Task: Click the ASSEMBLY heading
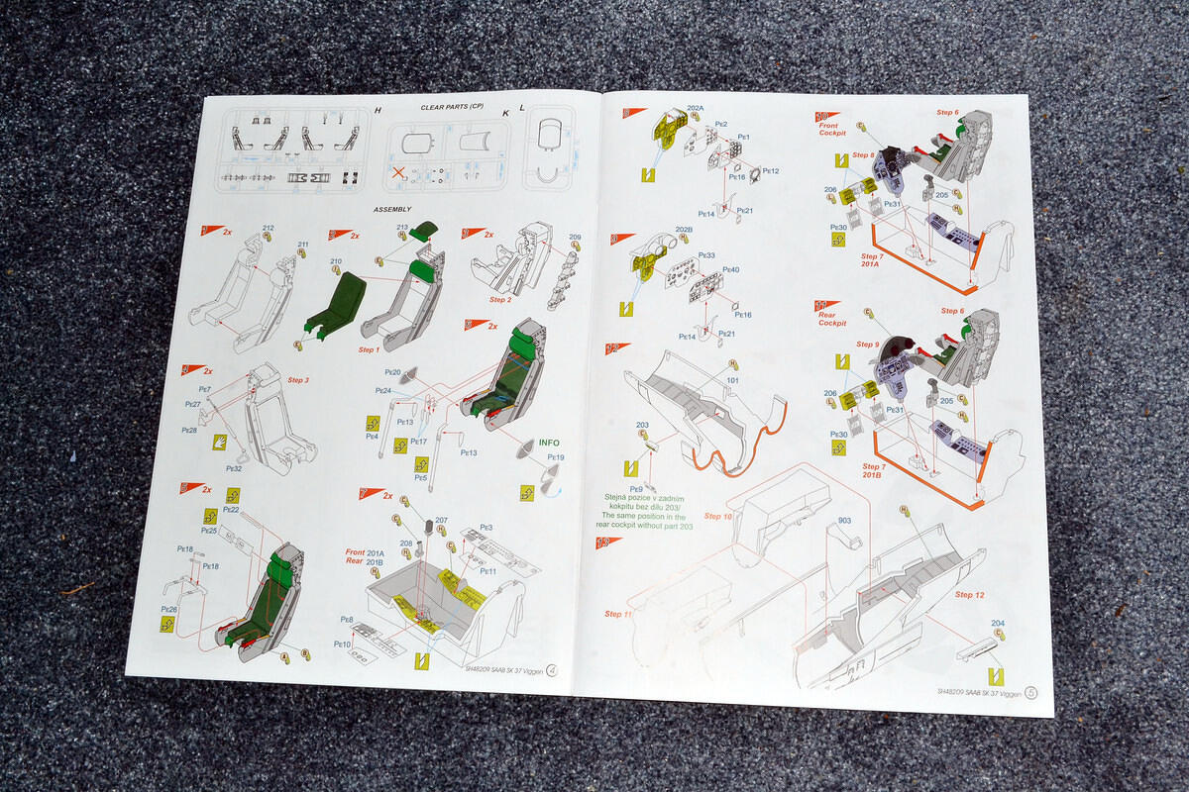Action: [x=391, y=210]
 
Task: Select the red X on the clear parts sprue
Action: [x=398, y=174]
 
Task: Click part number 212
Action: [x=269, y=229]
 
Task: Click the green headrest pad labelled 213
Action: [x=424, y=232]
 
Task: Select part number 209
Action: [x=576, y=237]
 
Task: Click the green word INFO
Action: [x=549, y=443]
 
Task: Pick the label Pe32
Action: [x=235, y=469]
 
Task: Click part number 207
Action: [x=441, y=520]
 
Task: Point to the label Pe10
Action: [x=342, y=643]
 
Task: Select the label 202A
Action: [x=695, y=108]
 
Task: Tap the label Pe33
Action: [x=706, y=254]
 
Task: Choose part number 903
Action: [x=844, y=520]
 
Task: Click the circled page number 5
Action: [x=1031, y=693]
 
